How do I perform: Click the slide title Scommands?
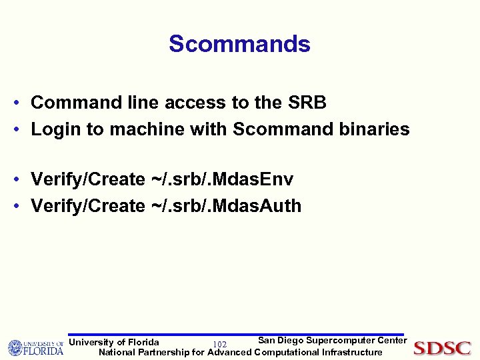tap(239, 44)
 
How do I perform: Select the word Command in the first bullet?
tap(73, 103)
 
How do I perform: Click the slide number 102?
tap(219, 344)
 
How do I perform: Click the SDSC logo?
tap(442, 348)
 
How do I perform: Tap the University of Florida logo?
tap(35, 347)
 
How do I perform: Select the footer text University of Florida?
tap(114, 343)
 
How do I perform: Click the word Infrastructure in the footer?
tap(352, 352)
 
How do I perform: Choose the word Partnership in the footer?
tap(163, 352)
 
